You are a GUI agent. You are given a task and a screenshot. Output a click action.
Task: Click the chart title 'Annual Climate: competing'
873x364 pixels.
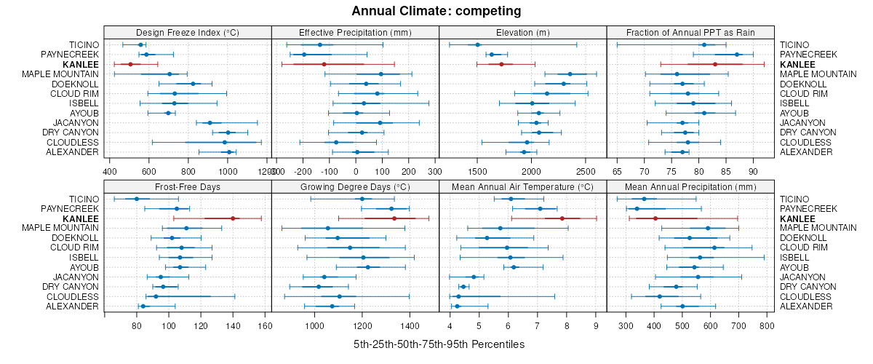pos(436,11)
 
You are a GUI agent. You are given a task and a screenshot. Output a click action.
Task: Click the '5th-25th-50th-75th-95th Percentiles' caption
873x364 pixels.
pos(439,344)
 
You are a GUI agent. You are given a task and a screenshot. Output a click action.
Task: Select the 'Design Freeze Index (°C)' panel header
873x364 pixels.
pos(188,32)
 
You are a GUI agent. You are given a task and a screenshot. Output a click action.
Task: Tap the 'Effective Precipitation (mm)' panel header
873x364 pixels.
pos(355,32)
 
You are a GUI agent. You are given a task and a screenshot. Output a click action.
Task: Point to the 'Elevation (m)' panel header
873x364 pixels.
pos(522,32)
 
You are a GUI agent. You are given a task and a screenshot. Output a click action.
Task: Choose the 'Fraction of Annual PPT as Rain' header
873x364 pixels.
pos(690,32)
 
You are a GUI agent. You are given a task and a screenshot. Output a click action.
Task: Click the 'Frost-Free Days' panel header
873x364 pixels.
pos(188,186)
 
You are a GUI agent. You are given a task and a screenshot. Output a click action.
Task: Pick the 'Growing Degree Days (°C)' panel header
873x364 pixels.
pos(355,186)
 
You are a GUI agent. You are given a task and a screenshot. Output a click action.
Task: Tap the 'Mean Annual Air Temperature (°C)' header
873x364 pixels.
pos(522,186)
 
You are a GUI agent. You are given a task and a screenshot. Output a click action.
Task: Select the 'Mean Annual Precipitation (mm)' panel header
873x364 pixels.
pos(690,186)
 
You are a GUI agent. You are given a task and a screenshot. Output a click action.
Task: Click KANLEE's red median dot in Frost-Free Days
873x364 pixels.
pos(233,218)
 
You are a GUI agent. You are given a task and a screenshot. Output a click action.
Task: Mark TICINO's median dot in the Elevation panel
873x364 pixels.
pos(478,45)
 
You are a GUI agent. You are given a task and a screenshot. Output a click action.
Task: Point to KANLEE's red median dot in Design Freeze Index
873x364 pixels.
pos(130,65)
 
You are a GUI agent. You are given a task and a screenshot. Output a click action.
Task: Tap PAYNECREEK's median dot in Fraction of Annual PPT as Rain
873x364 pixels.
pos(737,55)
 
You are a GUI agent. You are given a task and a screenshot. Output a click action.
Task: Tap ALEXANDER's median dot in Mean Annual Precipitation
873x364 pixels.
pos(682,306)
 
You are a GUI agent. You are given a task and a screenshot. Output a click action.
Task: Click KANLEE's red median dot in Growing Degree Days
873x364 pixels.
pos(394,218)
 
